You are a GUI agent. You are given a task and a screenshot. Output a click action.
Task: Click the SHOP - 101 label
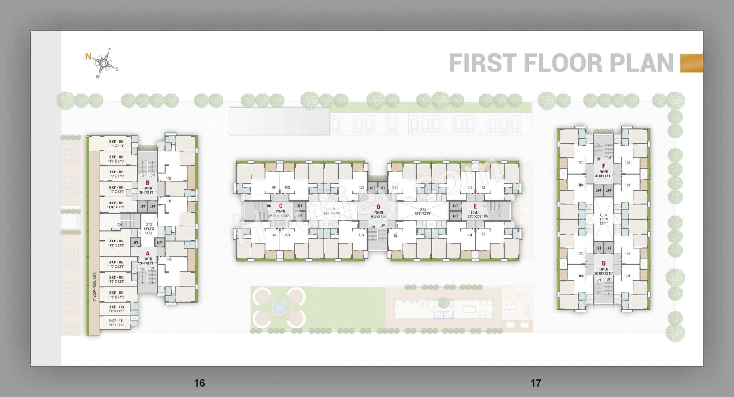click(x=116, y=142)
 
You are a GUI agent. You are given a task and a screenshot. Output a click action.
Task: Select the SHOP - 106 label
click(x=116, y=241)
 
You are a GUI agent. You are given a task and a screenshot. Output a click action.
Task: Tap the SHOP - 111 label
click(x=116, y=320)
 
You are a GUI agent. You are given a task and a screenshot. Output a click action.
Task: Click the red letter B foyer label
click(x=148, y=183)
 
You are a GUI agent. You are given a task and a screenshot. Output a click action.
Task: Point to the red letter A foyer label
click(x=148, y=254)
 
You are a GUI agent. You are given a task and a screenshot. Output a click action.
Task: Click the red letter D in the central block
click(x=378, y=207)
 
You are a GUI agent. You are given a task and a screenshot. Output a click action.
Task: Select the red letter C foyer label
click(x=280, y=206)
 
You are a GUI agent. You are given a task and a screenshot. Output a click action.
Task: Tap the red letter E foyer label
click(x=475, y=206)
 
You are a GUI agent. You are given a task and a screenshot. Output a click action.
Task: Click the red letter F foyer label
click(x=604, y=166)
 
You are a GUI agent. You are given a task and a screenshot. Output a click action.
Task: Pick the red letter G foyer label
click(x=604, y=264)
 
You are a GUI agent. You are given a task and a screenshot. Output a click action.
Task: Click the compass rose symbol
click(x=104, y=63)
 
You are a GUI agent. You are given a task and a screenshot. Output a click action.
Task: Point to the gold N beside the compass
click(x=88, y=57)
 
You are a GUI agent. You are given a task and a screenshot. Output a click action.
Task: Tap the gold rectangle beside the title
click(x=691, y=63)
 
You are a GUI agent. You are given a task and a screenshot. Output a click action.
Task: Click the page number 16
click(x=199, y=383)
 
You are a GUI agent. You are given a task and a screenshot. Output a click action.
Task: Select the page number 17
click(x=535, y=383)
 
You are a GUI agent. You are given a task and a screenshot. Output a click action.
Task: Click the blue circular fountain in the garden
click(x=279, y=307)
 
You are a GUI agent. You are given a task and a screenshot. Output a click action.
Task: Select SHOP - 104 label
click(x=116, y=187)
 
